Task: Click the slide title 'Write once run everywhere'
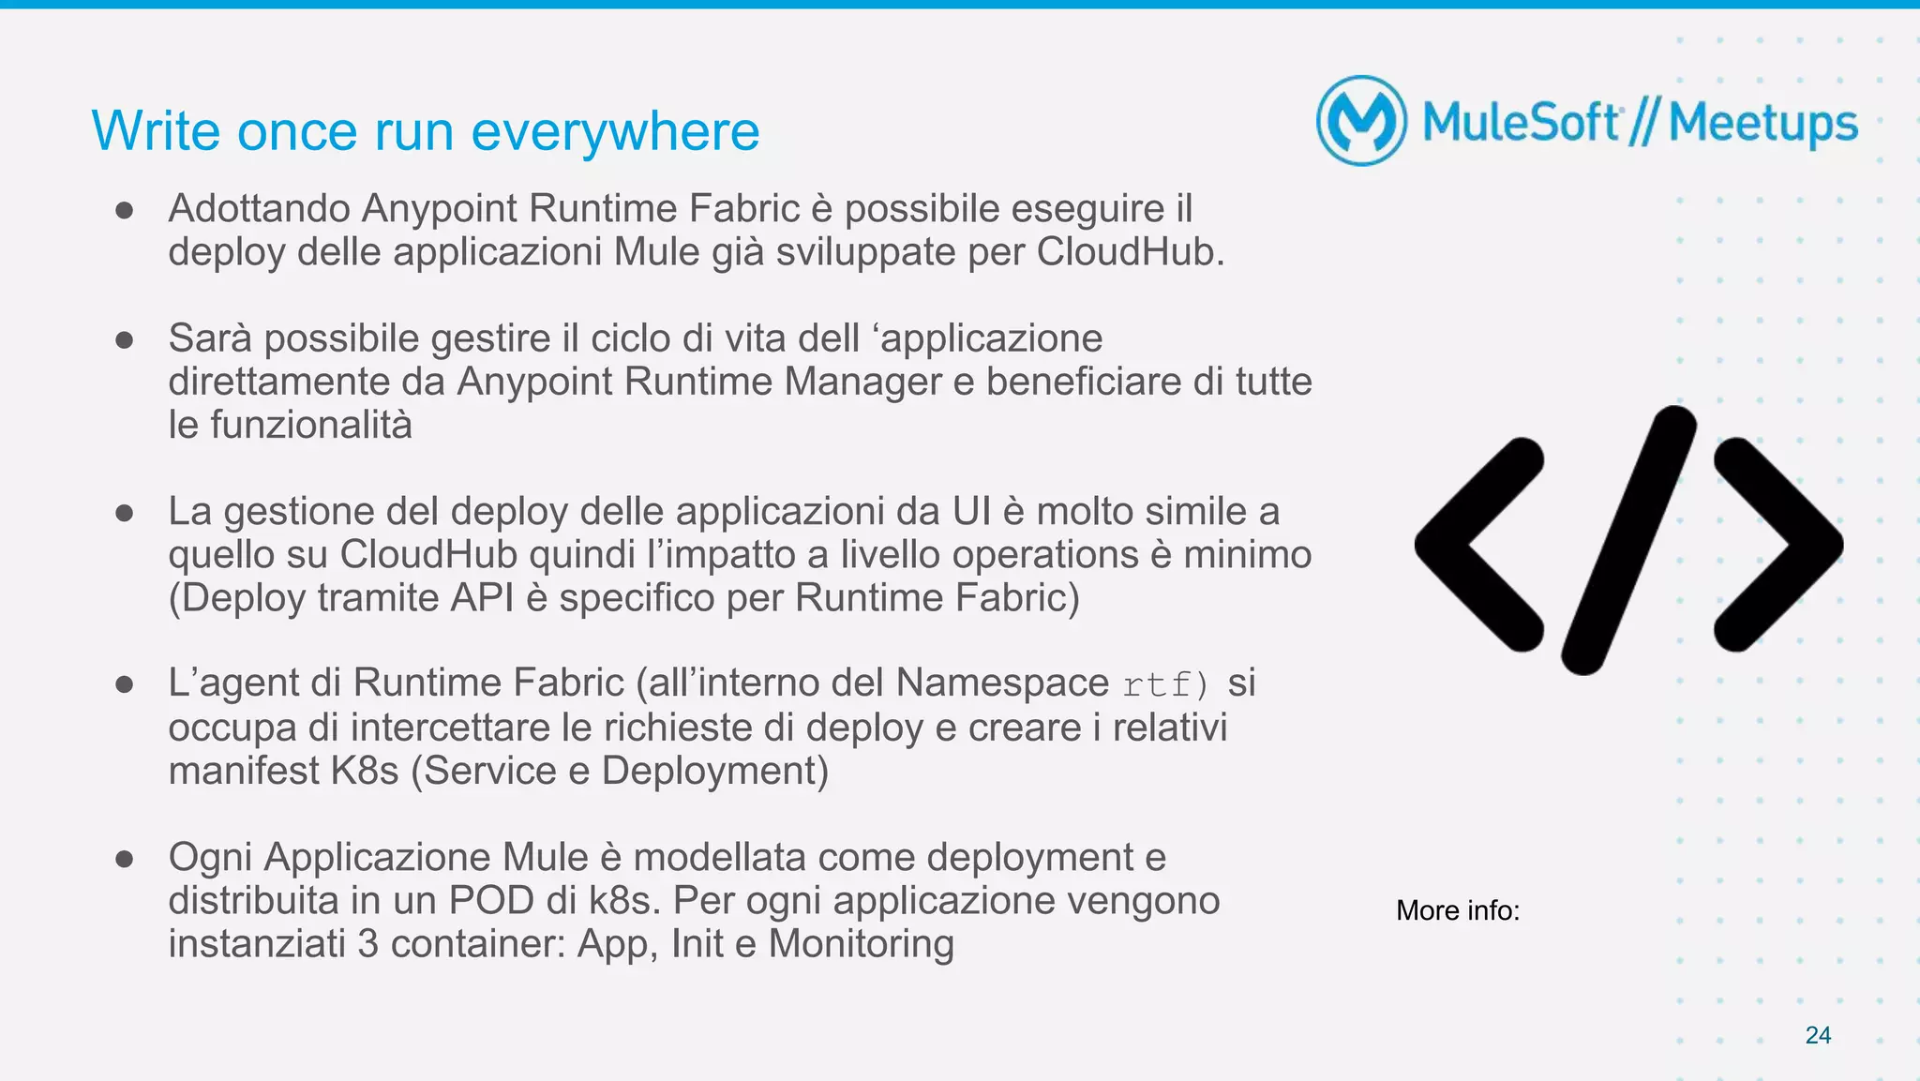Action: pos(425,131)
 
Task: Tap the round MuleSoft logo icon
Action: pos(1361,121)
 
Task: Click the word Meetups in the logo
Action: pos(1762,124)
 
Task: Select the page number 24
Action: pos(1818,1035)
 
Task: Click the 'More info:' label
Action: pos(1457,910)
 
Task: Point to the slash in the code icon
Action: pos(1629,540)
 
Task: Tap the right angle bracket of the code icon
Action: pos(1777,544)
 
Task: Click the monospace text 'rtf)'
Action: pos(1166,684)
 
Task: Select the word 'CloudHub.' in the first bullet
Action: pos(1130,252)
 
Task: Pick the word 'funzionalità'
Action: pos(310,425)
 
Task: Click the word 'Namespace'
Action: pos(1001,683)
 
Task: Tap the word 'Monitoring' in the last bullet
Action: pos(861,943)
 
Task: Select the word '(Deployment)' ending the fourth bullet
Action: pos(715,771)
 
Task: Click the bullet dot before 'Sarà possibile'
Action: pos(124,339)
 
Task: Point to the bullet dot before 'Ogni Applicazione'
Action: pos(124,858)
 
